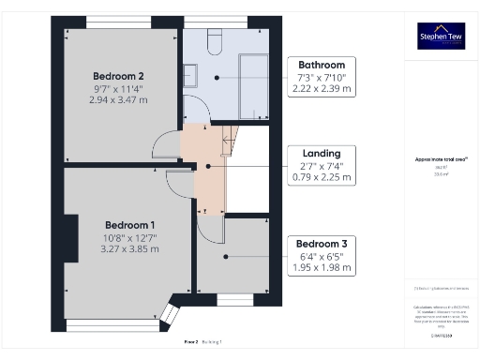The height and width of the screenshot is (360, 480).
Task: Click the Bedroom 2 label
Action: [x=118, y=76]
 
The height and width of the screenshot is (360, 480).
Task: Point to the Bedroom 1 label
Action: [x=129, y=225]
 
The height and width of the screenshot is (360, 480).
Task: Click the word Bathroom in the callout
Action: [x=322, y=64]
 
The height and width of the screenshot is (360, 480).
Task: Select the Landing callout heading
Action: [x=322, y=153]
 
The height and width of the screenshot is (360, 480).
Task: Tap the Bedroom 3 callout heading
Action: [x=322, y=242]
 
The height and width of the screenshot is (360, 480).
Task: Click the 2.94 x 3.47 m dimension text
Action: [x=118, y=98]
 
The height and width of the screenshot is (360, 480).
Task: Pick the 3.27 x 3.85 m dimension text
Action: [x=129, y=248]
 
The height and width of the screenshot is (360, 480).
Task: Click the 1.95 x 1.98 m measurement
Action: [x=322, y=266]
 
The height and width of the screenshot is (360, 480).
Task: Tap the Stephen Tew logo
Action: [x=441, y=37]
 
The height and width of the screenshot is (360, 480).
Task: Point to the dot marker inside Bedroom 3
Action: [x=225, y=255]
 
